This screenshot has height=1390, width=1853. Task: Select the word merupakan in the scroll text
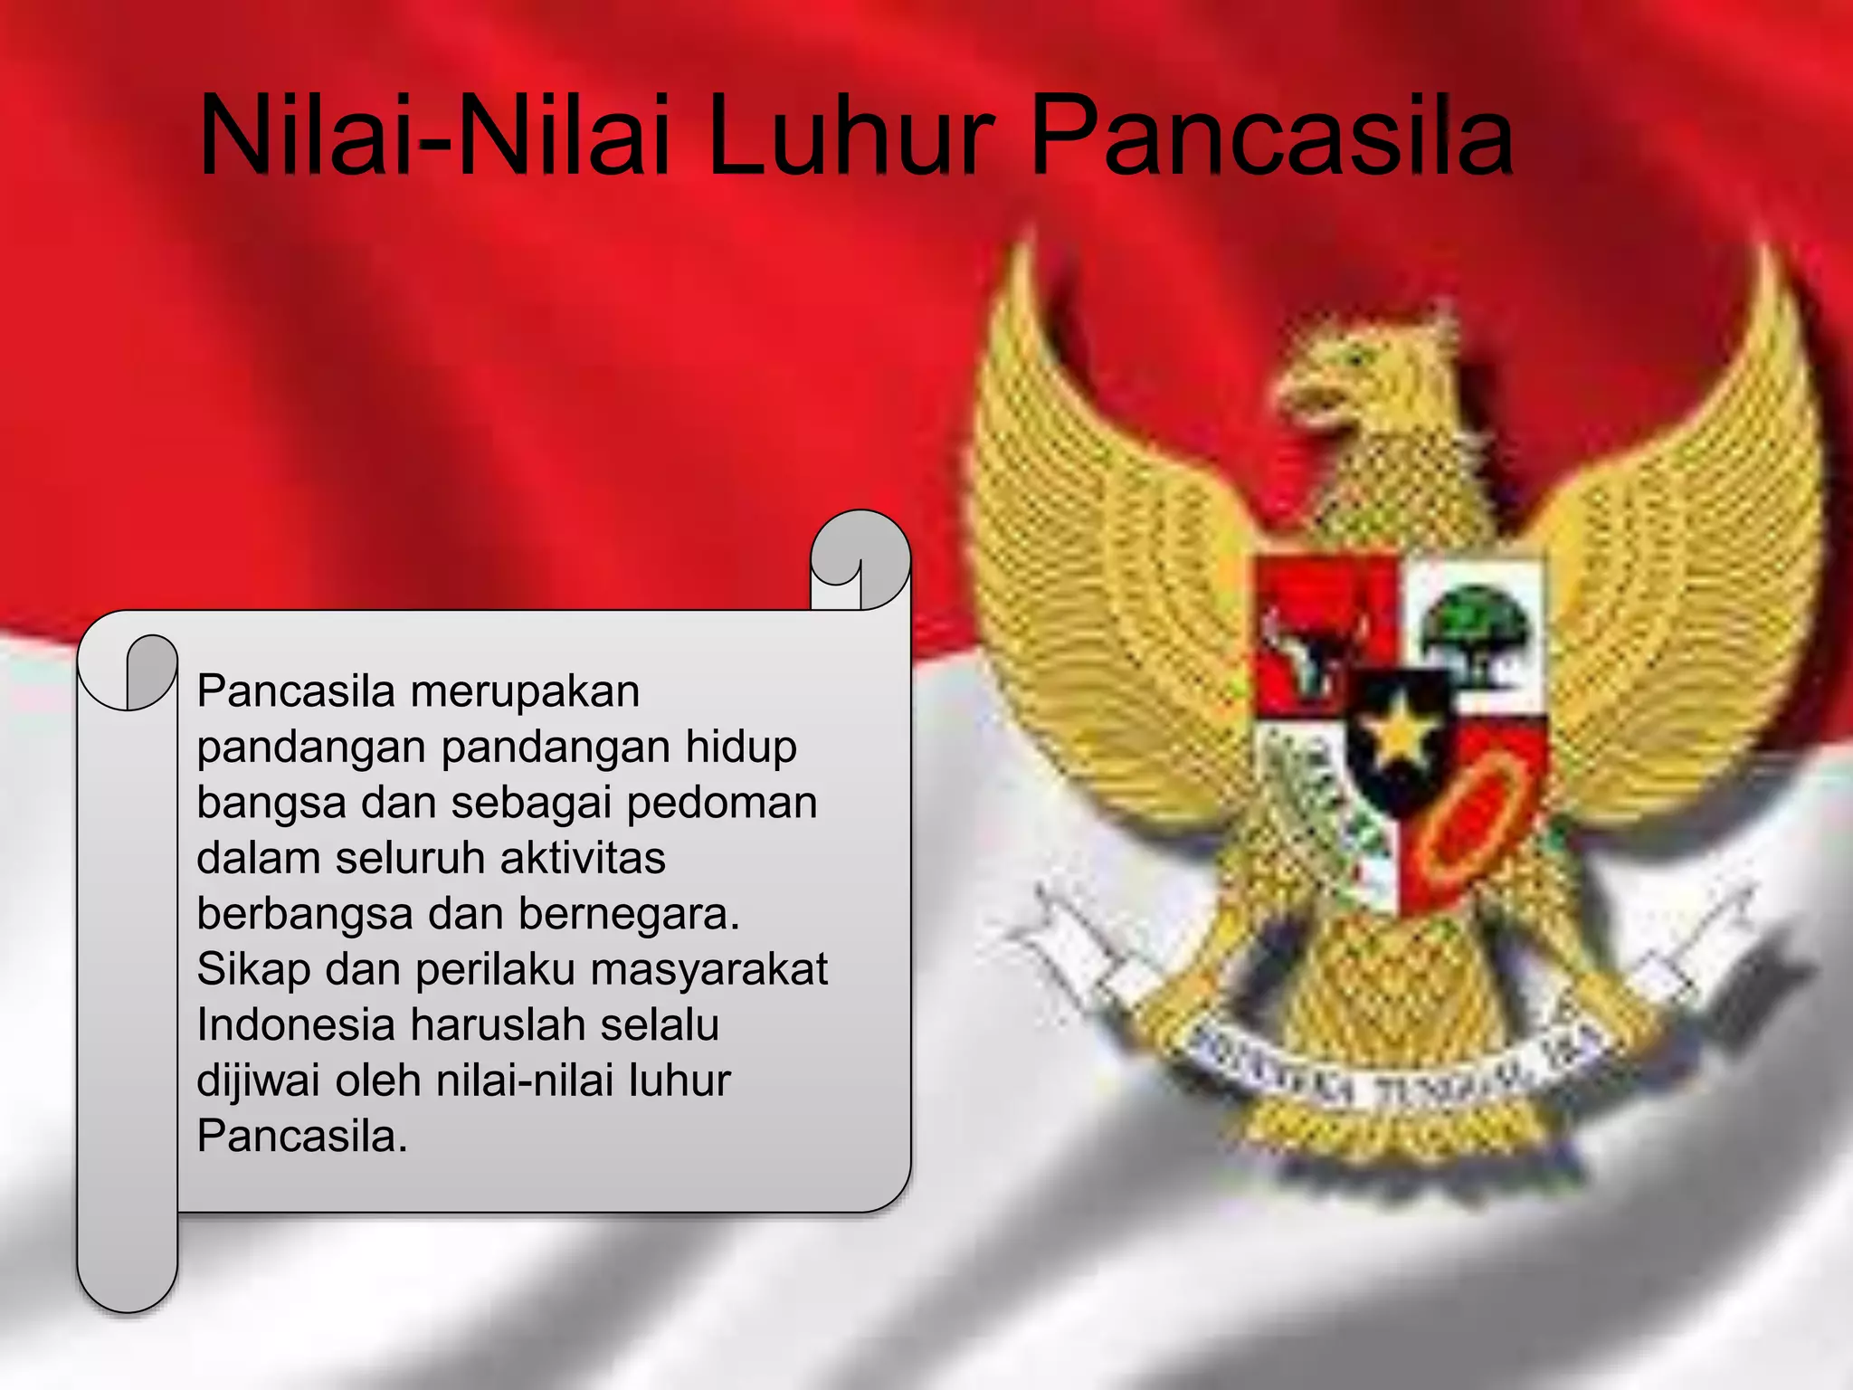coord(525,692)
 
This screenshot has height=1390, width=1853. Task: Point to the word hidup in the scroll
coord(741,747)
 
